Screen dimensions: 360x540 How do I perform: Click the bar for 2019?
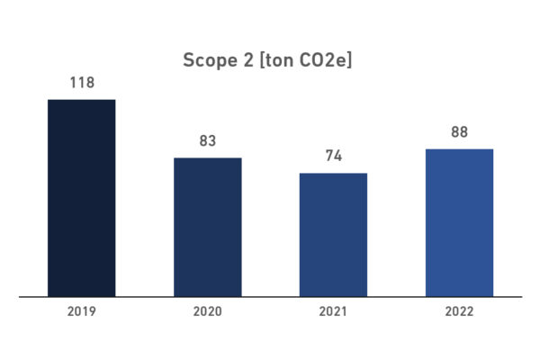coord(81,197)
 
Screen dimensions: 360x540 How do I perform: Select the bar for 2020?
coord(207,227)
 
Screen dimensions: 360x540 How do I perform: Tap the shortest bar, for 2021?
coord(333,234)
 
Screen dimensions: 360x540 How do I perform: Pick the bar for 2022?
coord(459,222)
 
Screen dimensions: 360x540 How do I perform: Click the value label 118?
coord(81,83)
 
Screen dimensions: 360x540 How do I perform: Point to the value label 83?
coord(207,141)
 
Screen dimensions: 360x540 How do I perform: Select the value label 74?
coord(333,157)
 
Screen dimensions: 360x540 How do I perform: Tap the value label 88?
coord(459,132)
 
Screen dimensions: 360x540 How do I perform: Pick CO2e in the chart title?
coord(325,60)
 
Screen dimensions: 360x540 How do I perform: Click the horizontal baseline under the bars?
coord(270,296)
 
